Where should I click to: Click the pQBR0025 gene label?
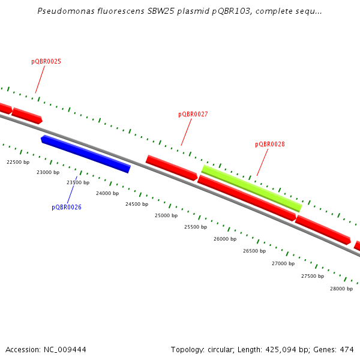pyautogui.click(x=46, y=62)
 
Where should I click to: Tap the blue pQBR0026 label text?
pyautogui.click(x=67, y=207)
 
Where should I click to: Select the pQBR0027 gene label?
pyautogui.click(x=193, y=114)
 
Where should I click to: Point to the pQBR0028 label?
pyautogui.click(x=270, y=145)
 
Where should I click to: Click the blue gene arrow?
pyautogui.click(x=86, y=154)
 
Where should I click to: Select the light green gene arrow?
pyautogui.click(x=251, y=188)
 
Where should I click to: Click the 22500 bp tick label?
pyautogui.click(x=18, y=162)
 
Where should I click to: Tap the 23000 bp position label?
pyautogui.click(x=48, y=172)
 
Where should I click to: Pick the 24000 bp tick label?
pyautogui.click(x=107, y=193)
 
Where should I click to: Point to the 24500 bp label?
pyautogui.click(x=137, y=204)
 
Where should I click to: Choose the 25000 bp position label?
pyautogui.click(x=166, y=215)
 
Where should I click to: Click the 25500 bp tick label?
pyautogui.click(x=196, y=227)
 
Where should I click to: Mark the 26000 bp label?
pyautogui.click(x=225, y=239)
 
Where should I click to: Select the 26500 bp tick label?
pyautogui.click(x=254, y=251)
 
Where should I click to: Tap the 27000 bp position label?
pyautogui.click(x=284, y=263)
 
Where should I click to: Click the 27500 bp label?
pyautogui.click(x=313, y=276)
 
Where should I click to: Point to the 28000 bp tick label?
pyautogui.click(x=341, y=289)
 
